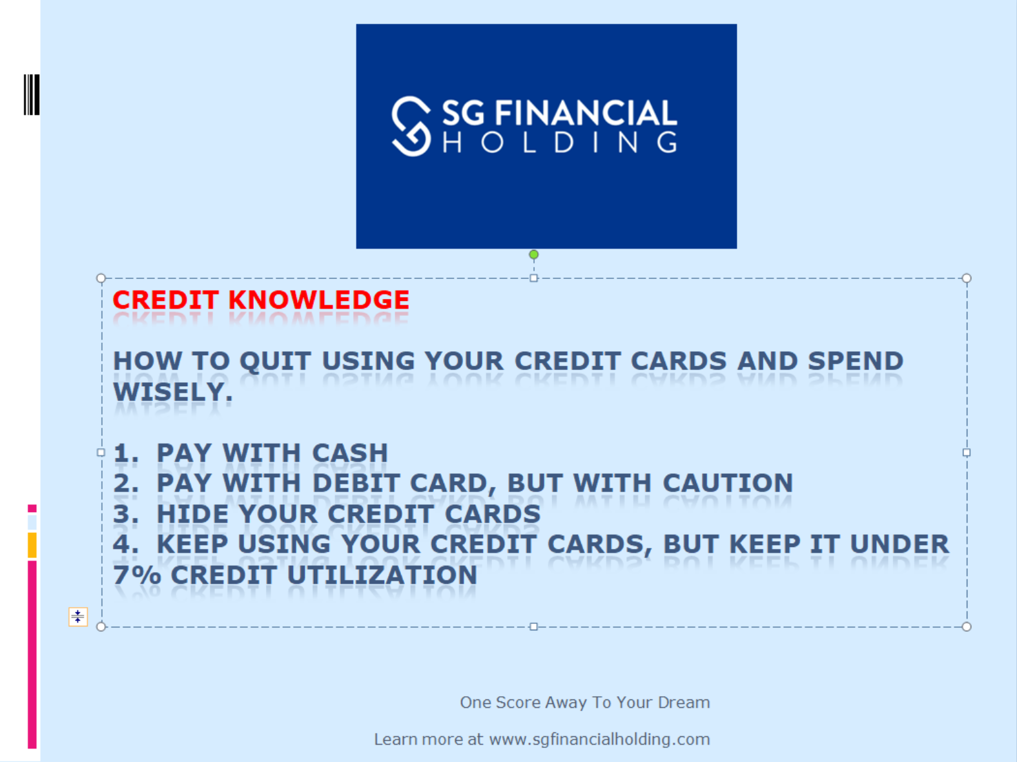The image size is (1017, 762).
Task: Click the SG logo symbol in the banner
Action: tap(411, 126)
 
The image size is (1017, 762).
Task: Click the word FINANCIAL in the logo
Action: tap(586, 112)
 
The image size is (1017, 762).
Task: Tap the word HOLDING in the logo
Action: tap(560, 142)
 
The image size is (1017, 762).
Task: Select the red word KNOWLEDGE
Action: tap(319, 300)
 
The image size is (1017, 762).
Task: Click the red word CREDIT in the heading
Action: tap(166, 300)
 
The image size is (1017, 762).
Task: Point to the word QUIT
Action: tap(275, 362)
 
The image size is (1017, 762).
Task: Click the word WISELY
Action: tap(173, 393)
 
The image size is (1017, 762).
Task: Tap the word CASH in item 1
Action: tap(350, 453)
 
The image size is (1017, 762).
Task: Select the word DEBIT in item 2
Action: tap(356, 483)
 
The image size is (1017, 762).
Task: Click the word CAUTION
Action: tap(728, 483)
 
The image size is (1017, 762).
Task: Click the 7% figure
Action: tap(137, 575)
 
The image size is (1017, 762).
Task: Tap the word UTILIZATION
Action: tap(382, 575)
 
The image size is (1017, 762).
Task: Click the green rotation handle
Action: tap(534, 254)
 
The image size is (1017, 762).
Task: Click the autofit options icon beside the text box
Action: tap(78, 617)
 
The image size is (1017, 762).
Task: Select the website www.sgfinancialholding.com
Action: tap(599, 739)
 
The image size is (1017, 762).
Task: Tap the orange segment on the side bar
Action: tap(32, 545)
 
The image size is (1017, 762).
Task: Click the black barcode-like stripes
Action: tap(32, 94)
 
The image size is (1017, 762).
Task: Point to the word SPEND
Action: tap(856, 362)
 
